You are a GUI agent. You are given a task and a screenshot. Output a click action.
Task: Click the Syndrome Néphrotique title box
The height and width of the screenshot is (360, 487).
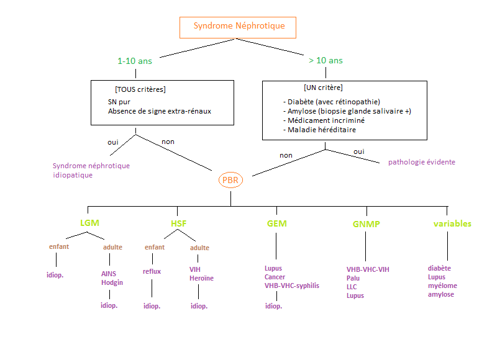click(x=239, y=27)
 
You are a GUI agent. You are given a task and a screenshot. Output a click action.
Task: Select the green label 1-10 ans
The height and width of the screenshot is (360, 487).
click(x=135, y=61)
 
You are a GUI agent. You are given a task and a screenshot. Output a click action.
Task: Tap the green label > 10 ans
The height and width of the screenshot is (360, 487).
click(x=325, y=60)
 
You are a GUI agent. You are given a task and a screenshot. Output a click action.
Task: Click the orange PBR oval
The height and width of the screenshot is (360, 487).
click(x=230, y=180)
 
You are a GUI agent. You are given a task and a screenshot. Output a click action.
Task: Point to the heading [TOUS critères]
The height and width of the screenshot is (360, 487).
click(x=140, y=89)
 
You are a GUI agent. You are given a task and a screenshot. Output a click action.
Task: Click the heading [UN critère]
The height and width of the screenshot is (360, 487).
click(x=323, y=88)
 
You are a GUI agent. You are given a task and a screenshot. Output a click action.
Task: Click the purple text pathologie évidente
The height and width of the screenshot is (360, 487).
click(x=422, y=162)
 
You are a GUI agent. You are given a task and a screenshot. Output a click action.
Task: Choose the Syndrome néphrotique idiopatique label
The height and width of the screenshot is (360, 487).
click(x=91, y=171)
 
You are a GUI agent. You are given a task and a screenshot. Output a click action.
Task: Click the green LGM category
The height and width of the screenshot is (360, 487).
click(x=89, y=223)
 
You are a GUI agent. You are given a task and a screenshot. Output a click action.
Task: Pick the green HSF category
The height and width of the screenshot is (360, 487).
click(x=178, y=223)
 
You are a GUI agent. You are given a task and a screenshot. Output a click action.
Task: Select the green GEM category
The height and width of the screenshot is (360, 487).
click(x=276, y=223)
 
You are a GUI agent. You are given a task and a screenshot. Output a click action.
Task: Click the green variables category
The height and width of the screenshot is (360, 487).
click(x=452, y=223)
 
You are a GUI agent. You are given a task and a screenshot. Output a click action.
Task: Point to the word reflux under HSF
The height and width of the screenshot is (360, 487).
click(x=152, y=271)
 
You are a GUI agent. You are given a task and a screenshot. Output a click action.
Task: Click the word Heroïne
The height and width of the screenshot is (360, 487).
click(x=201, y=278)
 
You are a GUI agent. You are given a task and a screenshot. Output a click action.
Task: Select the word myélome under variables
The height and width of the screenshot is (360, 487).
click(x=442, y=286)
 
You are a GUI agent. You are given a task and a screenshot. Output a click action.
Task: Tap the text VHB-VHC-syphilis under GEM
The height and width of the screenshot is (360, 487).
click(x=292, y=286)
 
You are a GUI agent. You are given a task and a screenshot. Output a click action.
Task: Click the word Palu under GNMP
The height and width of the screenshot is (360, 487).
click(x=354, y=278)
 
